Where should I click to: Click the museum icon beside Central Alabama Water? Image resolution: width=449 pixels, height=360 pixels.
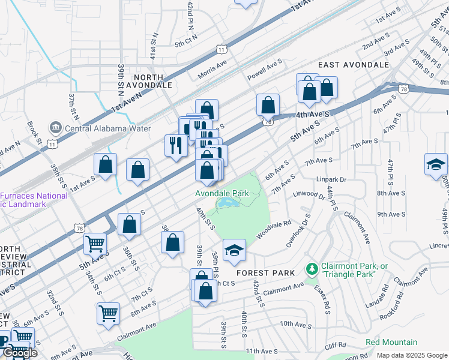pos(56,127)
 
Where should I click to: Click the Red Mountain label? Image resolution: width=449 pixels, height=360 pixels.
pos(391,342)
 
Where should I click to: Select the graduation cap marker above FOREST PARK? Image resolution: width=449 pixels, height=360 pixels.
pos(235,250)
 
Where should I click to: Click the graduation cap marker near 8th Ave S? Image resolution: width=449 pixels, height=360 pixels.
pos(436,164)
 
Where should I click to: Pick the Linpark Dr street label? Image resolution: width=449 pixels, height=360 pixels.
pos(332,179)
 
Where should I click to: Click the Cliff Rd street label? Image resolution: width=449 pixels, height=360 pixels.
pos(337,345)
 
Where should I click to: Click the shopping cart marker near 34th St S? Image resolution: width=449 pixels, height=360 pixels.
pos(95,244)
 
